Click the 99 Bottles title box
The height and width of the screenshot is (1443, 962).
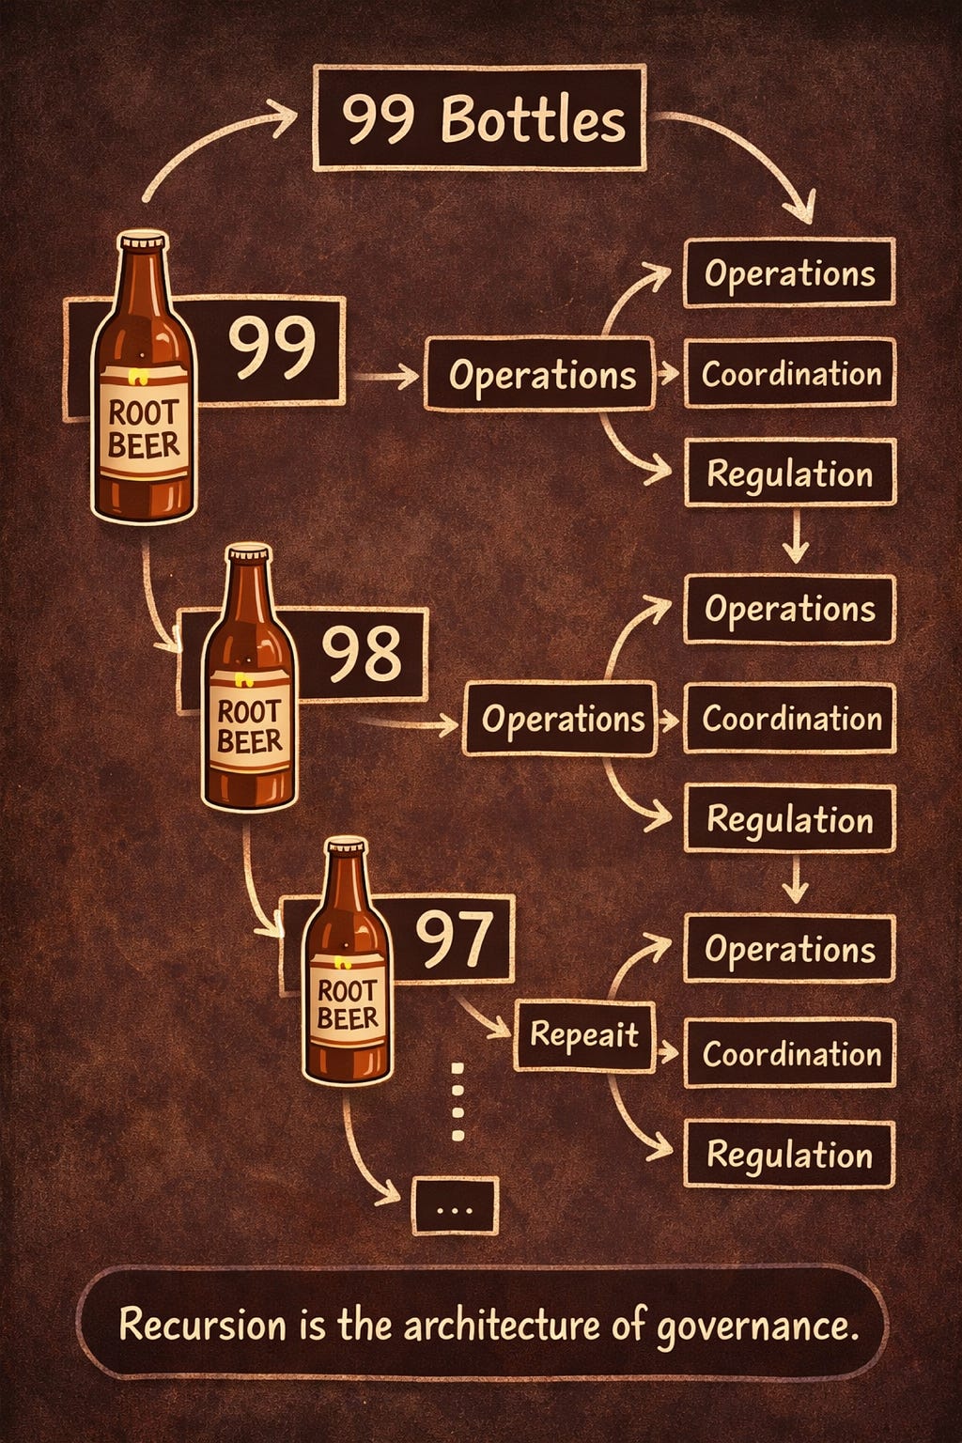(479, 117)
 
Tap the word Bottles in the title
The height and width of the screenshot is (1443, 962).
(533, 120)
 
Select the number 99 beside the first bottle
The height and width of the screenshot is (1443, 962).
(272, 348)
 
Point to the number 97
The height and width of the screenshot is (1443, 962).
(454, 939)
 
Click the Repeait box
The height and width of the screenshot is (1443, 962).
(583, 1035)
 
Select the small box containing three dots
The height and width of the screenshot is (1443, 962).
(455, 1206)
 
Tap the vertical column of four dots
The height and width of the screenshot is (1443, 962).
(458, 1102)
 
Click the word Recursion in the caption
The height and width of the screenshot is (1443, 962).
(202, 1325)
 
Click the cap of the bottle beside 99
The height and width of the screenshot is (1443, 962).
(143, 241)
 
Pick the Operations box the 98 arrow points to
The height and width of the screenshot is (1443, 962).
(560, 720)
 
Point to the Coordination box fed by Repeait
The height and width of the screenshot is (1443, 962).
(789, 1053)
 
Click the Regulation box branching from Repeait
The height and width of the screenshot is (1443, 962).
(789, 1154)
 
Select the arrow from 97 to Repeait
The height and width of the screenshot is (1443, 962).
(486, 1019)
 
